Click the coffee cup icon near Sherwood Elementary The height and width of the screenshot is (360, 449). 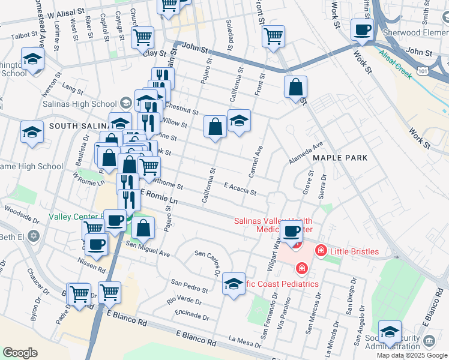tap(362, 29)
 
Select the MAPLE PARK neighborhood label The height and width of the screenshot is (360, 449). tap(340, 157)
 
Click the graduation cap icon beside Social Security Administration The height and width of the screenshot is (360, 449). tap(390, 332)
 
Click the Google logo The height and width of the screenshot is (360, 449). tap(20, 353)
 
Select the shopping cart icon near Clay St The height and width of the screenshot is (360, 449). tap(142, 37)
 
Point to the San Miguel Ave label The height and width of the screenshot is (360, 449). tap(147, 249)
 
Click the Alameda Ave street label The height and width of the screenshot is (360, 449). tap(306, 153)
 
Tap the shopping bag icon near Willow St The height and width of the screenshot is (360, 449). tap(215, 127)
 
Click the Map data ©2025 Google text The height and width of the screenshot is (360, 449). tap(411, 355)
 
